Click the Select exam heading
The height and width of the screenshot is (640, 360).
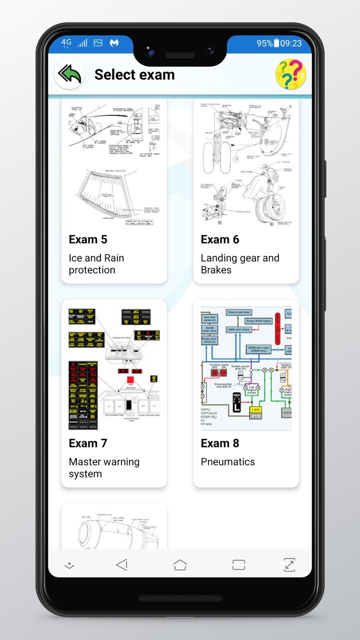point(134,75)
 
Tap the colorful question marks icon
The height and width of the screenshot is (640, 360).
point(290,74)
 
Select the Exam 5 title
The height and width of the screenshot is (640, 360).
point(88,239)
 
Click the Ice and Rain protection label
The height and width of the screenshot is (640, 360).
point(96,264)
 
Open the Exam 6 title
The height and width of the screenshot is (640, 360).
point(220,239)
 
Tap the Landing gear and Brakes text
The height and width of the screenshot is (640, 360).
point(240,264)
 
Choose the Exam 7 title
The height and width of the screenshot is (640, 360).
point(88,443)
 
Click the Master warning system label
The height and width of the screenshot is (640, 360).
point(104,468)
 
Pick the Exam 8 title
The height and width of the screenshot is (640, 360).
point(220,443)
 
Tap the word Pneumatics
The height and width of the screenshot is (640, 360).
point(228,462)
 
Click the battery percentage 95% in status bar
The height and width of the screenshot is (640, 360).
point(264,43)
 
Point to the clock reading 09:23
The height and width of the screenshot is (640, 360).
point(291,43)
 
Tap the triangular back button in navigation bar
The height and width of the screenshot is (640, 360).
point(121,565)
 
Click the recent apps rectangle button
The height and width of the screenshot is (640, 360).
point(239,565)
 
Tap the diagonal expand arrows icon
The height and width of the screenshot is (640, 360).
point(289,565)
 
